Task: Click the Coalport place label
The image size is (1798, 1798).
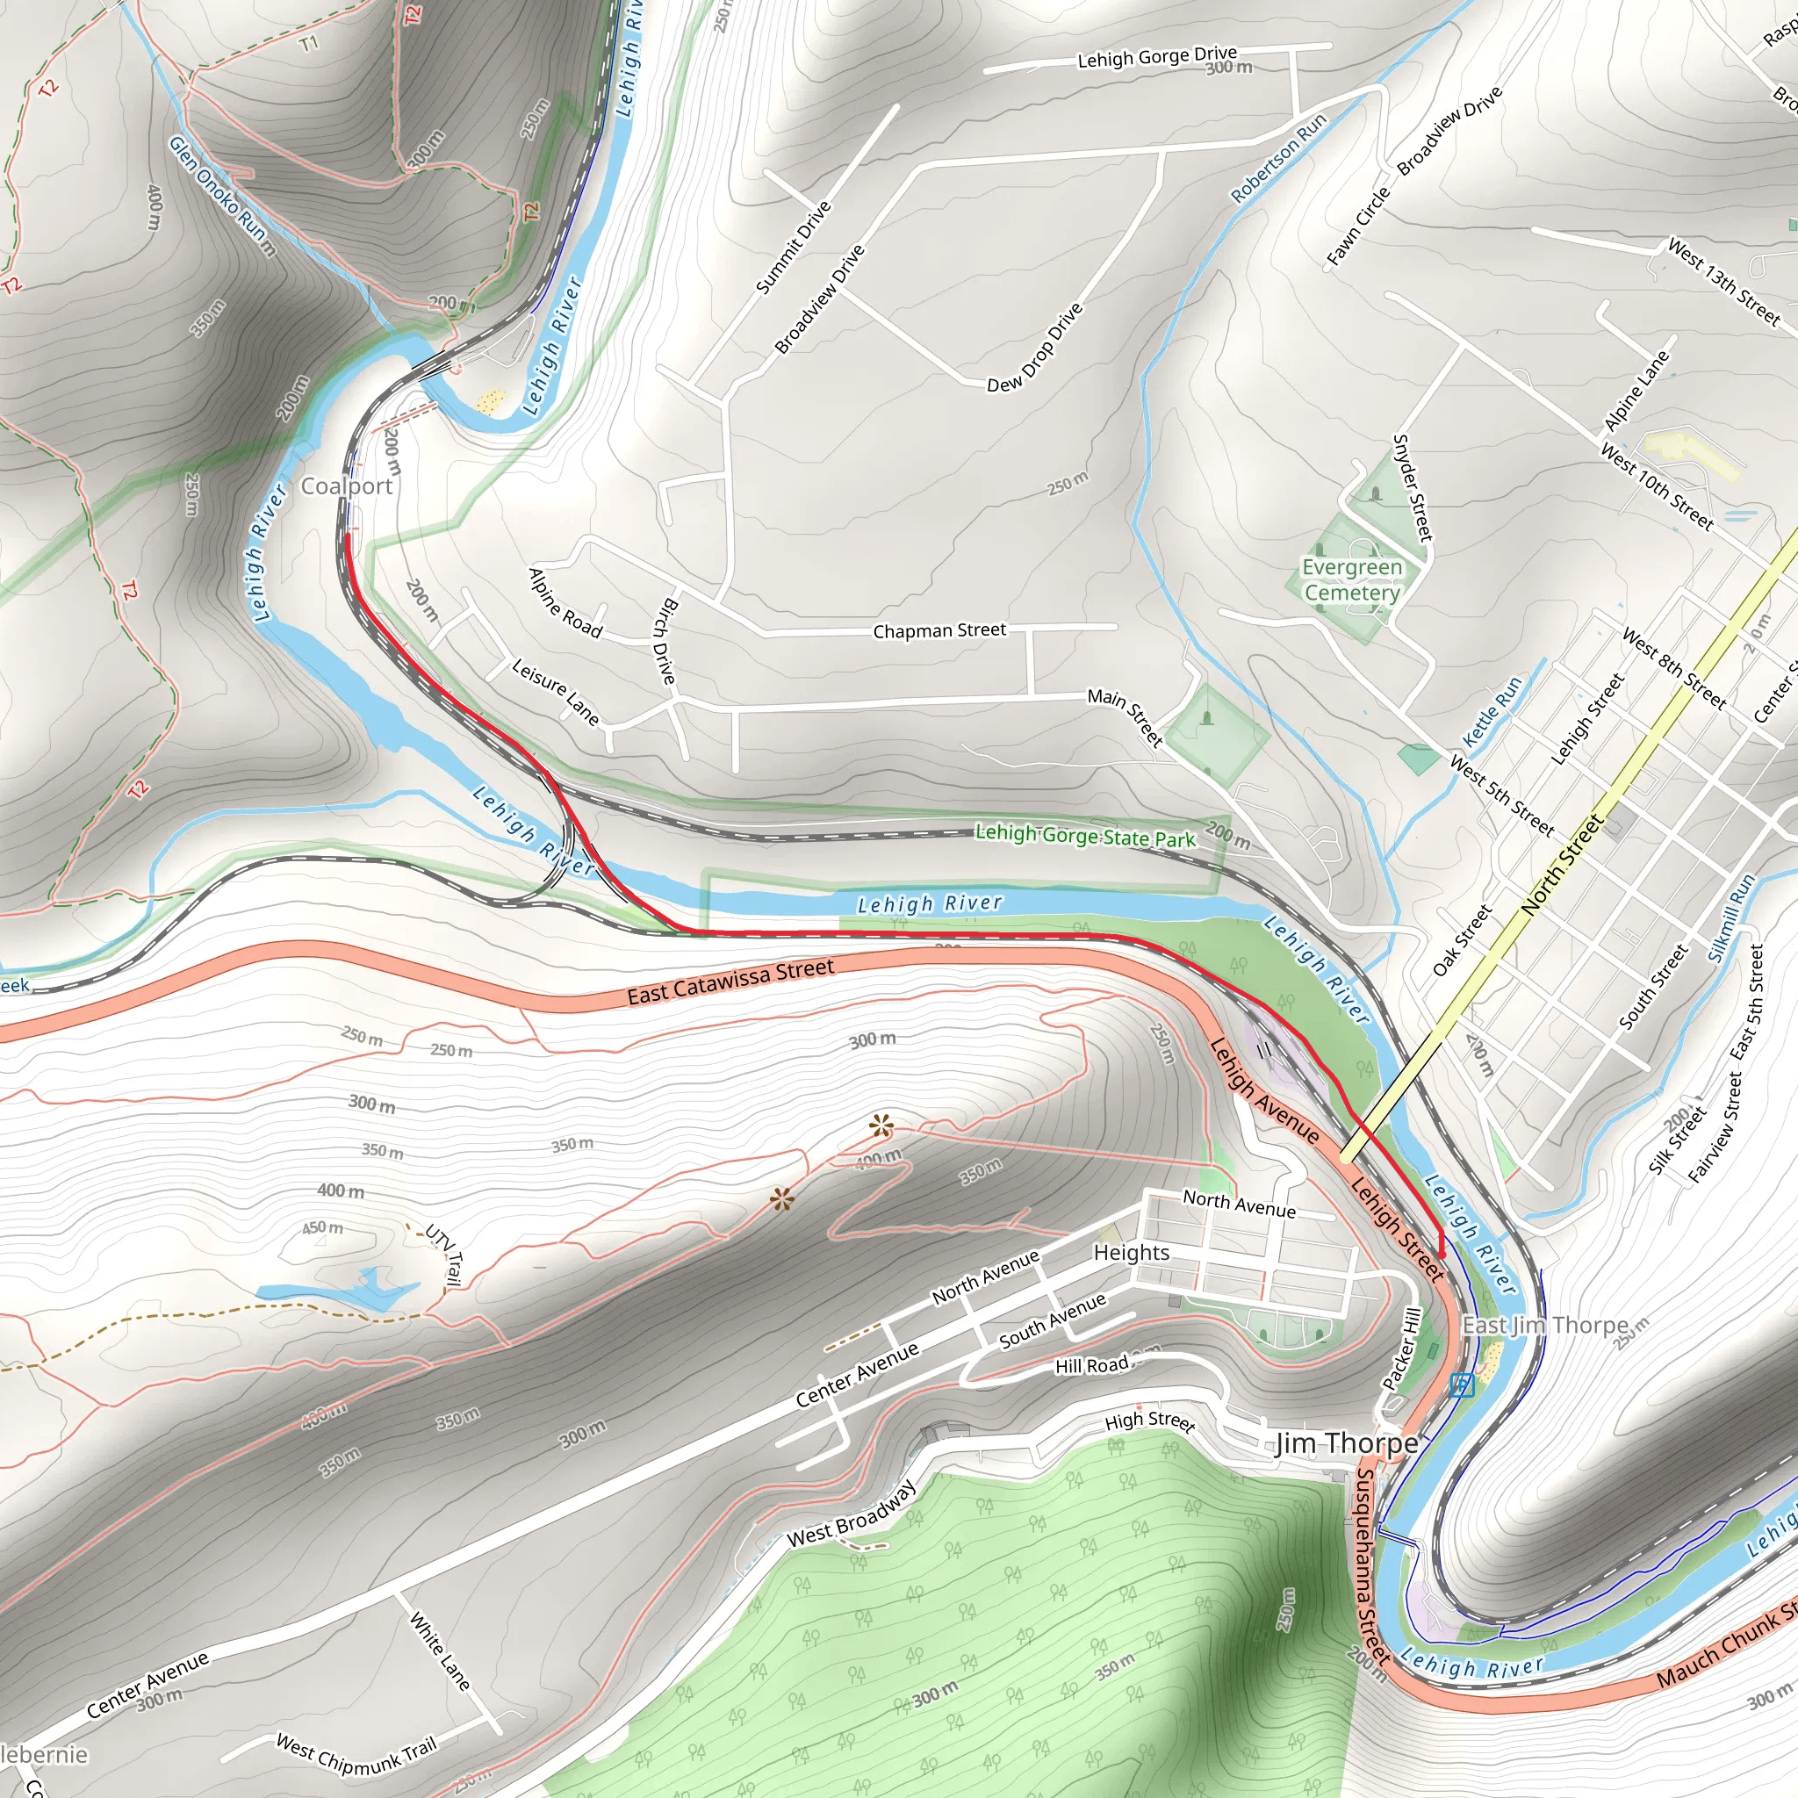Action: coord(346,485)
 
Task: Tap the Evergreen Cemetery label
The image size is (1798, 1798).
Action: coord(1351,579)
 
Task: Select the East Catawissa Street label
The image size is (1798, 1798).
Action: coord(730,982)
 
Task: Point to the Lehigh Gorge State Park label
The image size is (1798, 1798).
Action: coord(1084,836)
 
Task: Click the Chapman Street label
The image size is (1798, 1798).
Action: coord(939,631)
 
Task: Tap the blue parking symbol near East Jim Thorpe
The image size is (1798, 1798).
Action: coord(1462,1385)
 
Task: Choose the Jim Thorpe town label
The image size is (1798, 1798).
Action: coord(1347,1443)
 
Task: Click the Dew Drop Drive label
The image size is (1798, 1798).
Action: coord(1035,347)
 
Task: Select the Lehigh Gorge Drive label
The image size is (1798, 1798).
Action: coord(1157,57)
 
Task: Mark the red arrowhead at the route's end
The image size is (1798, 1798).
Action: coord(1442,1253)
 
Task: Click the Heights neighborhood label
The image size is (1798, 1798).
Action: coord(1131,1253)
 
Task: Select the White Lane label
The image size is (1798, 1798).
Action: coord(439,1651)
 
